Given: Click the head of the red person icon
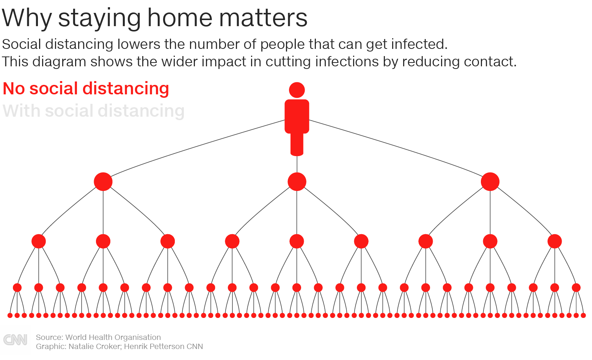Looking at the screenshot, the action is pyautogui.click(x=297, y=90).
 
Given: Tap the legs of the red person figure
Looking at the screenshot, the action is pyautogui.click(x=297, y=144).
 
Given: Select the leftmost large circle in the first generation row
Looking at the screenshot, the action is pyautogui.click(x=103, y=182).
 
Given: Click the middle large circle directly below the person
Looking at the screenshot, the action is pyautogui.click(x=297, y=182).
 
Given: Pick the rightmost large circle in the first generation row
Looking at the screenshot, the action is pyautogui.click(x=490, y=182).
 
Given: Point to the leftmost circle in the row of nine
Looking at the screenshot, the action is pyautogui.click(x=39, y=241).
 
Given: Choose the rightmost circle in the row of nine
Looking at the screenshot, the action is pyautogui.click(x=554, y=241).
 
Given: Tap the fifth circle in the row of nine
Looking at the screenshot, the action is pyautogui.click(x=297, y=241).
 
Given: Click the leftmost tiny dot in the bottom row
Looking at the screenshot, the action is pyautogui.click(x=10, y=315).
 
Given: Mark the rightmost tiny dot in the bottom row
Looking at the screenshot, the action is pyautogui.click(x=583, y=315).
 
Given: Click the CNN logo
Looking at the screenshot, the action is pyautogui.click(x=15, y=340).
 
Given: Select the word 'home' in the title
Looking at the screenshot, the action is pyautogui.click(x=180, y=18).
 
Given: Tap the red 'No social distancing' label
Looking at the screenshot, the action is pyautogui.click(x=86, y=88).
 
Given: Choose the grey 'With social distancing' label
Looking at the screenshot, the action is pyautogui.click(x=94, y=111).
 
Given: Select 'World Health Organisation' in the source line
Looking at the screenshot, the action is pyautogui.click(x=113, y=337).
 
